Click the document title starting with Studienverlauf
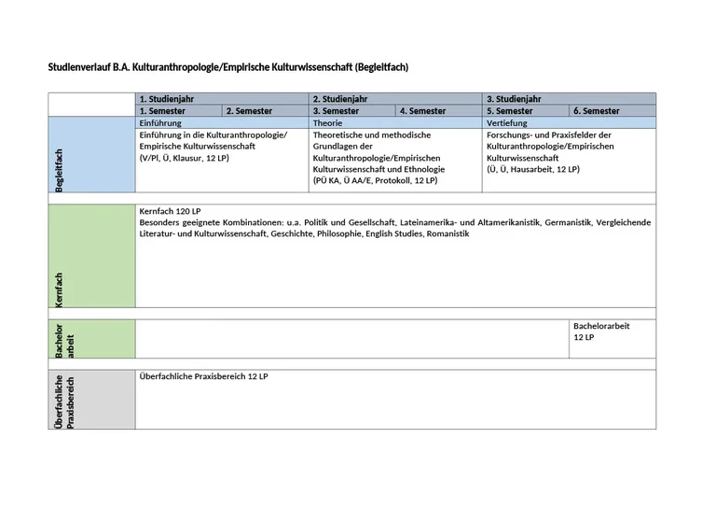[228, 67]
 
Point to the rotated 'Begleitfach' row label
[60, 171]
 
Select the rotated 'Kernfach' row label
[60, 289]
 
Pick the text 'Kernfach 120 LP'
[170, 212]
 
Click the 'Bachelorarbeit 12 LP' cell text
[601, 331]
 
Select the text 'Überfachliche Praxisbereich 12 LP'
[203, 375]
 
